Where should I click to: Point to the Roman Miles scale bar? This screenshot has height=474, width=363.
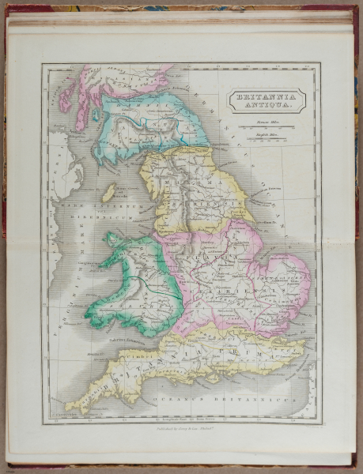coord(268,128)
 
